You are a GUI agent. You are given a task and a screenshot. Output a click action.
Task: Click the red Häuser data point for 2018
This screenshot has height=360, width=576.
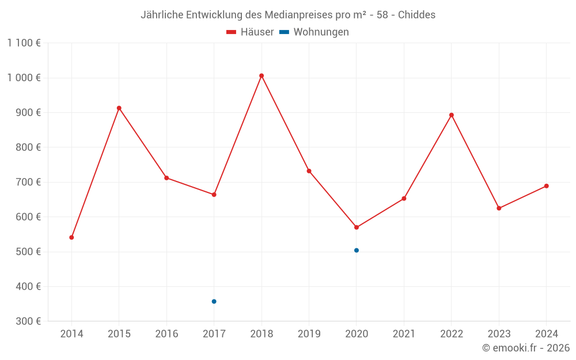(262, 75)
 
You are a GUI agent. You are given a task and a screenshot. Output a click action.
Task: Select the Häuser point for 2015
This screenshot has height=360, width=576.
(119, 108)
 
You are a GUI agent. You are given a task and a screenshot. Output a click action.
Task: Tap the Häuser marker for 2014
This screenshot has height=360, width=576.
(71, 237)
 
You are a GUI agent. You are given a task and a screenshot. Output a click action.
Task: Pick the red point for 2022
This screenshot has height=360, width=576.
(452, 115)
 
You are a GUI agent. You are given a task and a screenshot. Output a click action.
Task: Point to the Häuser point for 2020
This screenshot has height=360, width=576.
(357, 228)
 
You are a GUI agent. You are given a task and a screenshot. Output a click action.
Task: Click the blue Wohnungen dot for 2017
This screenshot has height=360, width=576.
(214, 301)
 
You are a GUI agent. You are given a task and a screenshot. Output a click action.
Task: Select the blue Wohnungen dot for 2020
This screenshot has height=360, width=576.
(357, 251)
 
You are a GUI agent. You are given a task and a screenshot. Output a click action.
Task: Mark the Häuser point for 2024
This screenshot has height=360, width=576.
(547, 186)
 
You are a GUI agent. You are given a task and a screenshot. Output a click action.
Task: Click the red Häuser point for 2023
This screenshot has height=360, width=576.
(499, 209)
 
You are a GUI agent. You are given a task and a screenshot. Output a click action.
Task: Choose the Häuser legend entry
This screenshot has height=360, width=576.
(250, 32)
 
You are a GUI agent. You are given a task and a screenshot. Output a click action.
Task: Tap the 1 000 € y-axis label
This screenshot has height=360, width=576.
(24, 78)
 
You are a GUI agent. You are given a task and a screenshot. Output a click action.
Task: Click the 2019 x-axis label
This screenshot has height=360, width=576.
(309, 334)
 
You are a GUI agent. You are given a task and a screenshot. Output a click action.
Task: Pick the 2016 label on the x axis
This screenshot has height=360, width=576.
(166, 334)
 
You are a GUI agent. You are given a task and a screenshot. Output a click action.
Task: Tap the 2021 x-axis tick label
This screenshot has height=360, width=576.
(404, 334)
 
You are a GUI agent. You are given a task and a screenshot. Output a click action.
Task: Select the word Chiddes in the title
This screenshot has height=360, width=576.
(416, 14)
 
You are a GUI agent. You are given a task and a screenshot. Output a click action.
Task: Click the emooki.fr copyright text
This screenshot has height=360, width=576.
(526, 348)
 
